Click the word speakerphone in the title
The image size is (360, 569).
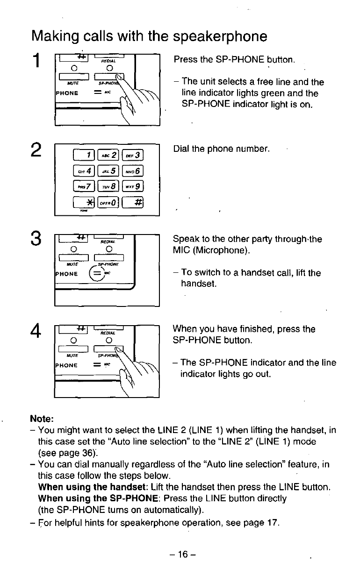click(220, 36)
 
